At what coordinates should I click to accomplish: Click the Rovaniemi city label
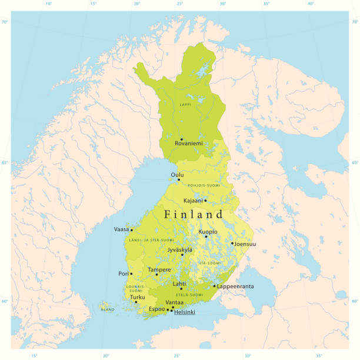point(188,144)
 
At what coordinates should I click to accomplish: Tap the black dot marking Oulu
point(179,180)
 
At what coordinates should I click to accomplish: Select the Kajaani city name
point(193,201)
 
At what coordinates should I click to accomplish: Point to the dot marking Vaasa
point(132,230)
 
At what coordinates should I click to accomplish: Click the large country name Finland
point(194,215)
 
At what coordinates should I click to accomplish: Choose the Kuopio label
point(208,232)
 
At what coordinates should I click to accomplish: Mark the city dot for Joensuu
point(232,243)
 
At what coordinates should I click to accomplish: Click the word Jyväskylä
point(180,250)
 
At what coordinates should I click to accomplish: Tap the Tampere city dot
point(156,275)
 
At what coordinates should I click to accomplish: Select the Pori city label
point(123,274)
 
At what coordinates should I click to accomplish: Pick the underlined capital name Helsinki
point(185,312)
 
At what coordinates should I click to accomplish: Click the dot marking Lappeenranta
point(214,286)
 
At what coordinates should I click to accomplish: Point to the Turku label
point(137,297)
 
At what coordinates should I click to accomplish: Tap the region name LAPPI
point(185,105)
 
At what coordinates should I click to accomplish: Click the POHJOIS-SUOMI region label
point(204,185)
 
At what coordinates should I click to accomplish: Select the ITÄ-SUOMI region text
point(211,263)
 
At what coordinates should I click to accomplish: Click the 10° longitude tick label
point(48,4)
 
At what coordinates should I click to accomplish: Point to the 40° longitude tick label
point(311,4)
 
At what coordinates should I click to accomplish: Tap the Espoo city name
point(156,309)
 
